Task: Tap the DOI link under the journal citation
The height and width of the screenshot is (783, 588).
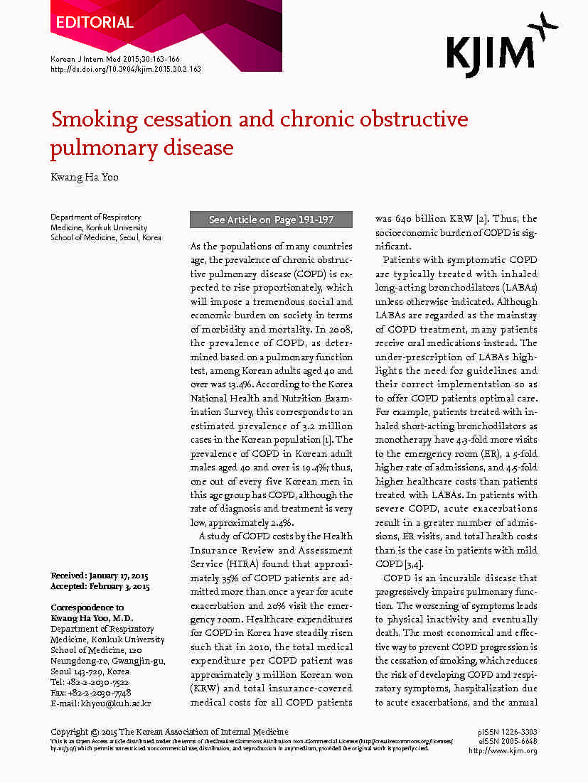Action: (x=126, y=69)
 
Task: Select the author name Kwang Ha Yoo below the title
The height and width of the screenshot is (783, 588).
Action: (x=84, y=177)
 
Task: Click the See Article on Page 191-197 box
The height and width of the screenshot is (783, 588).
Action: (x=271, y=220)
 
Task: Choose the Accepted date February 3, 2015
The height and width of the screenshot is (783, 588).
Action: (x=118, y=587)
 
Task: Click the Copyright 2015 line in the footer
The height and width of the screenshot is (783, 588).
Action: (x=170, y=732)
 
